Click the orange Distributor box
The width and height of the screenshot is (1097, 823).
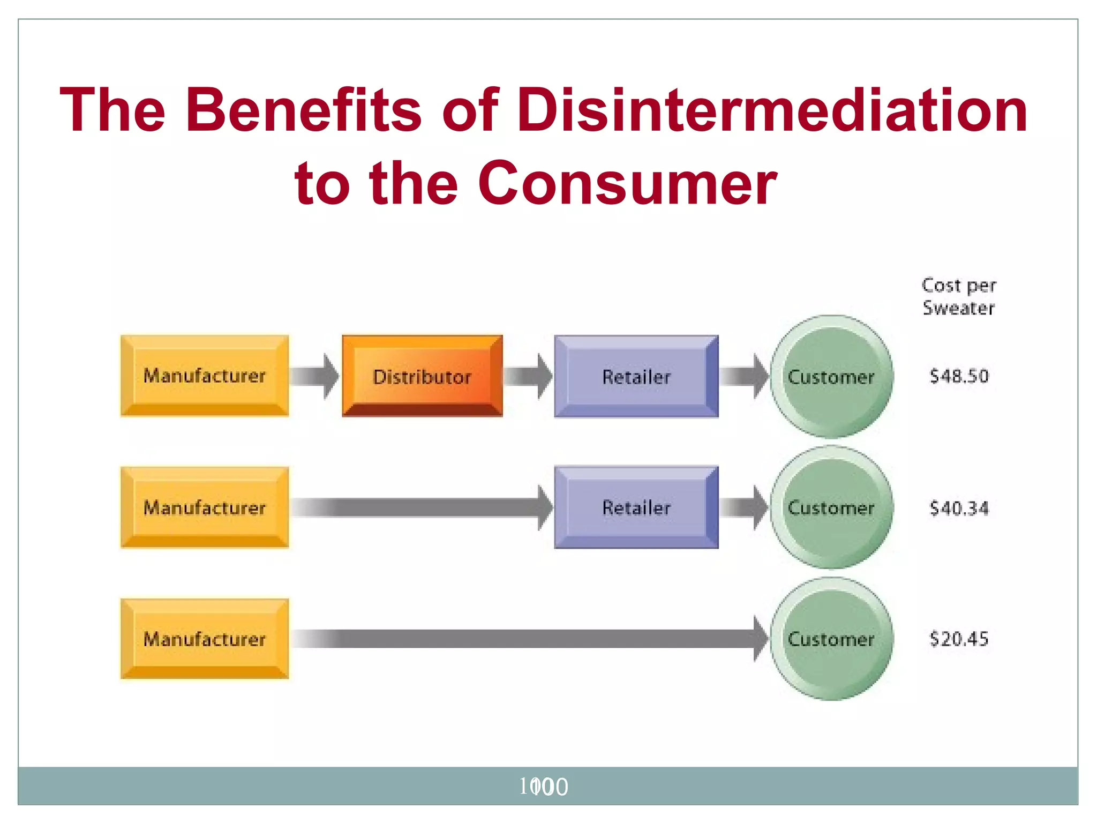[422, 376]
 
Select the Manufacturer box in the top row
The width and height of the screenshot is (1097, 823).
[205, 376]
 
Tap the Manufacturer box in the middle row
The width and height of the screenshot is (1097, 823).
[205, 507]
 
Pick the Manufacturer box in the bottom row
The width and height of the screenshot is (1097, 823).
[205, 639]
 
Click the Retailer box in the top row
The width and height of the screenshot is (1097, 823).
[636, 377]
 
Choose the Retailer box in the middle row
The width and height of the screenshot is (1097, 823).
[636, 507]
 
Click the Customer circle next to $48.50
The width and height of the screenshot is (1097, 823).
[831, 377]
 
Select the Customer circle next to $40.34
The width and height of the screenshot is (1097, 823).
[831, 507]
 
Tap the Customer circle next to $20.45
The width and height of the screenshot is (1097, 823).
[831, 639]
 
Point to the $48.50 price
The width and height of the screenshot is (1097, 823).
[959, 376]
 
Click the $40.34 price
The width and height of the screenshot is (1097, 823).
[959, 508]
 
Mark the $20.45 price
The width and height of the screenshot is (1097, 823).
[959, 639]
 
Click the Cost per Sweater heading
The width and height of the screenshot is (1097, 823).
[958, 297]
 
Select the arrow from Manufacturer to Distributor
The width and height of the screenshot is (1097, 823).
[315, 376]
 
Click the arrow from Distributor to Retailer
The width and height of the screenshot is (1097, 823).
[528, 376]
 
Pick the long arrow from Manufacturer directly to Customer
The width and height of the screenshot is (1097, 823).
[530, 639]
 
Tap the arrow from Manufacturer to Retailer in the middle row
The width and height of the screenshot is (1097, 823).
[423, 507]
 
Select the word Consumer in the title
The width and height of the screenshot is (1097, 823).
[627, 183]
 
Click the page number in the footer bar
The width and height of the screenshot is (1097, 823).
[543, 787]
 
